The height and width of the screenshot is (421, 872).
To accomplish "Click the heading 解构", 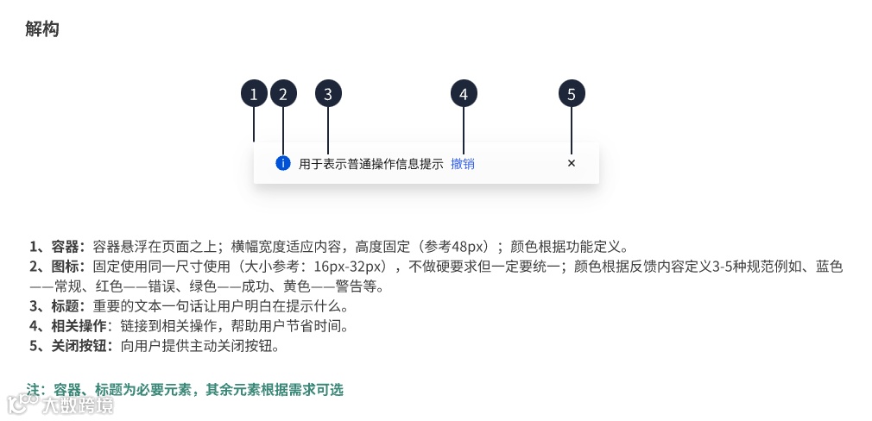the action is [x=42, y=29].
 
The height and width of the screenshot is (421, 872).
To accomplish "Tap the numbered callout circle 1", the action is [x=254, y=94].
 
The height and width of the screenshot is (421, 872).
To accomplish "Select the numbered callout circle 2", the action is [x=283, y=94].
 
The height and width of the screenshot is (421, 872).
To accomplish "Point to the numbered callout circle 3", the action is [x=328, y=94].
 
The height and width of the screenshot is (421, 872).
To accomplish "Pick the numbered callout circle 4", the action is [x=464, y=94].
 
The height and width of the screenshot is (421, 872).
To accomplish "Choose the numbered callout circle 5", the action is [x=572, y=94].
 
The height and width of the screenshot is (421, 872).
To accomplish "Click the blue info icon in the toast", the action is [x=282, y=163].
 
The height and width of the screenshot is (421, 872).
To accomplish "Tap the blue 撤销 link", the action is [x=463, y=164].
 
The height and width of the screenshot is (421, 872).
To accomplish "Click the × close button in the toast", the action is [x=572, y=163].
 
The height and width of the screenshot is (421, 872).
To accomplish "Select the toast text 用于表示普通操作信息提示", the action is [x=371, y=164].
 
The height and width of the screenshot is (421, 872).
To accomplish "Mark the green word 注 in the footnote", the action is [x=35, y=390].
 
